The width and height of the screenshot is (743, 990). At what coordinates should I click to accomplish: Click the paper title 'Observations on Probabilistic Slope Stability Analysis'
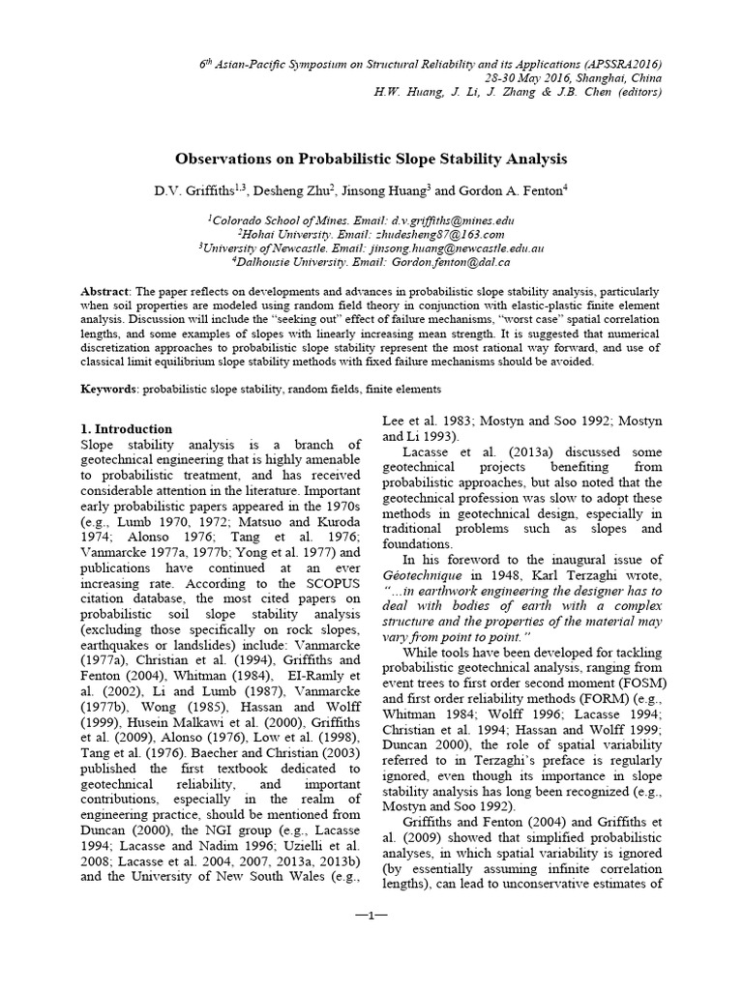(371, 158)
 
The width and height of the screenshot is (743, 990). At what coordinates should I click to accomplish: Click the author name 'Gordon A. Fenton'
(506, 191)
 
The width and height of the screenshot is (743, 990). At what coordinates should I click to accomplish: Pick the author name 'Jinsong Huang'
(382, 191)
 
